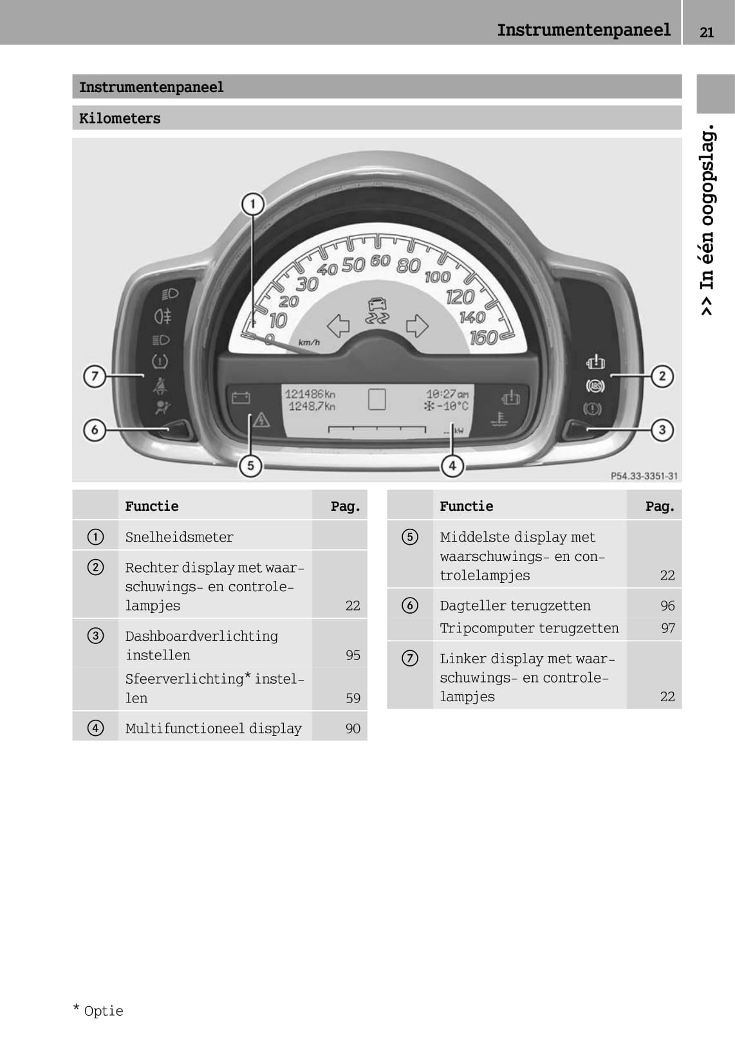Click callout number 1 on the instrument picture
pos(253,205)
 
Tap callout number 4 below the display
pos(452,466)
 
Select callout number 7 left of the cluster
pos(95,376)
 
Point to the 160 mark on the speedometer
pos(484,337)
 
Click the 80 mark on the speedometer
pos(408,265)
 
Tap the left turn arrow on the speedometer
pos(338,326)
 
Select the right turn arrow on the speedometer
pos(417,326)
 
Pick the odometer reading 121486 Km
pos(310,394)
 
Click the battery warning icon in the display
pos(241,398)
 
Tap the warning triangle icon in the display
pos(261,420)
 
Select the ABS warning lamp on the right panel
pos(595,386)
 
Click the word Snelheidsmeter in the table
pos(179,537)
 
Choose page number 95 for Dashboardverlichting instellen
pos(353,655)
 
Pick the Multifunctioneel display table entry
pos(213,728)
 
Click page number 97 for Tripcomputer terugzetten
pos(667,628)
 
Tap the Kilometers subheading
pos(120,118)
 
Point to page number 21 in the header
pos(707,32)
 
